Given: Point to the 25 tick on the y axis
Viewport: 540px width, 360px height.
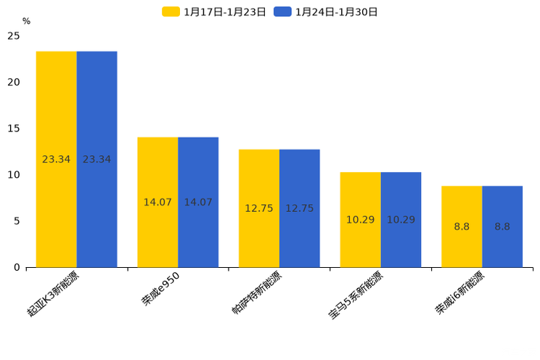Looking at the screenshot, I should [x=14, y=36].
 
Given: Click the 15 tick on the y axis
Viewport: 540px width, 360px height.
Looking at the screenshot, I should [x=14, y=128].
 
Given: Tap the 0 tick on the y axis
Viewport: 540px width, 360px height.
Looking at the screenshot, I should [x=17, y=267].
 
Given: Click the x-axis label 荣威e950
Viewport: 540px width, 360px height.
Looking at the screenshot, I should [x=160, y=288].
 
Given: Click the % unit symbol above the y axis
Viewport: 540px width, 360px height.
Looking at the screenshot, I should [x=26, y=22].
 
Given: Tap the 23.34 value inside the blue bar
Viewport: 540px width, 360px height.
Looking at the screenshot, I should [x=97, y=159].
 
